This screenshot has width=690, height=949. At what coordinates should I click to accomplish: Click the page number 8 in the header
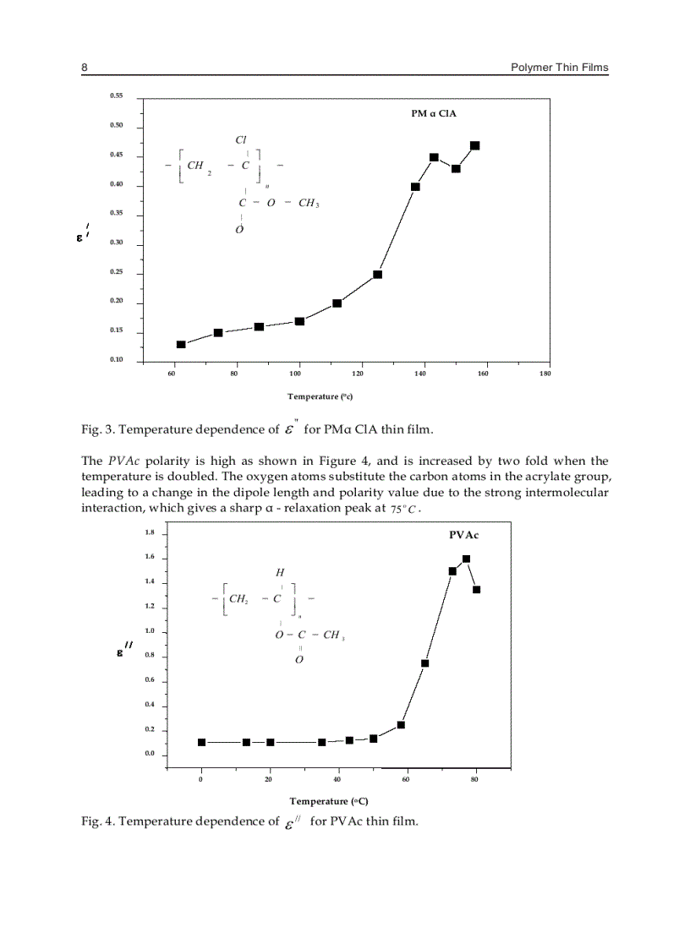[85, 68]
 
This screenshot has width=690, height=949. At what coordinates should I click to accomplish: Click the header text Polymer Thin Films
[559, 68]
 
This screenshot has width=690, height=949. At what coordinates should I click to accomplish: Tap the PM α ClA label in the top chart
[434, 113]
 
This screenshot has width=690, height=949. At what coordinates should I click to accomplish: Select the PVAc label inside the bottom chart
[464, 535]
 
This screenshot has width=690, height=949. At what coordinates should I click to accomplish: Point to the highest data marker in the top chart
[475, 145]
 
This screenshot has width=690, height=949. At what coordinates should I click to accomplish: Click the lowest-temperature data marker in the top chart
[181, 345]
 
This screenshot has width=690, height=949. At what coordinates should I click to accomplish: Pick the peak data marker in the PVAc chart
[466, 559]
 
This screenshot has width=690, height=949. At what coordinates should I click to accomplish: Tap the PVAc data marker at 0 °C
[201, 742]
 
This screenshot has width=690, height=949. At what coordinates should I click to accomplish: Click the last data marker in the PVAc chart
[477, 590]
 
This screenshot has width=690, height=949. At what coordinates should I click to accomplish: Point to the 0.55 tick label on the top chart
[117, 96]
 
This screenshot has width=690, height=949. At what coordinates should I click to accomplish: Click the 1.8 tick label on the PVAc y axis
[149, 532]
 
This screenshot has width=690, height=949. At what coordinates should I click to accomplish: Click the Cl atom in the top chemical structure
[241, 139]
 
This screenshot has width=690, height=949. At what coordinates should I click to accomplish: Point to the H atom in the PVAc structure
[268, 573]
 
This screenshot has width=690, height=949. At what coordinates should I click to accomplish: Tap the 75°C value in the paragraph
[405, 511]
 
